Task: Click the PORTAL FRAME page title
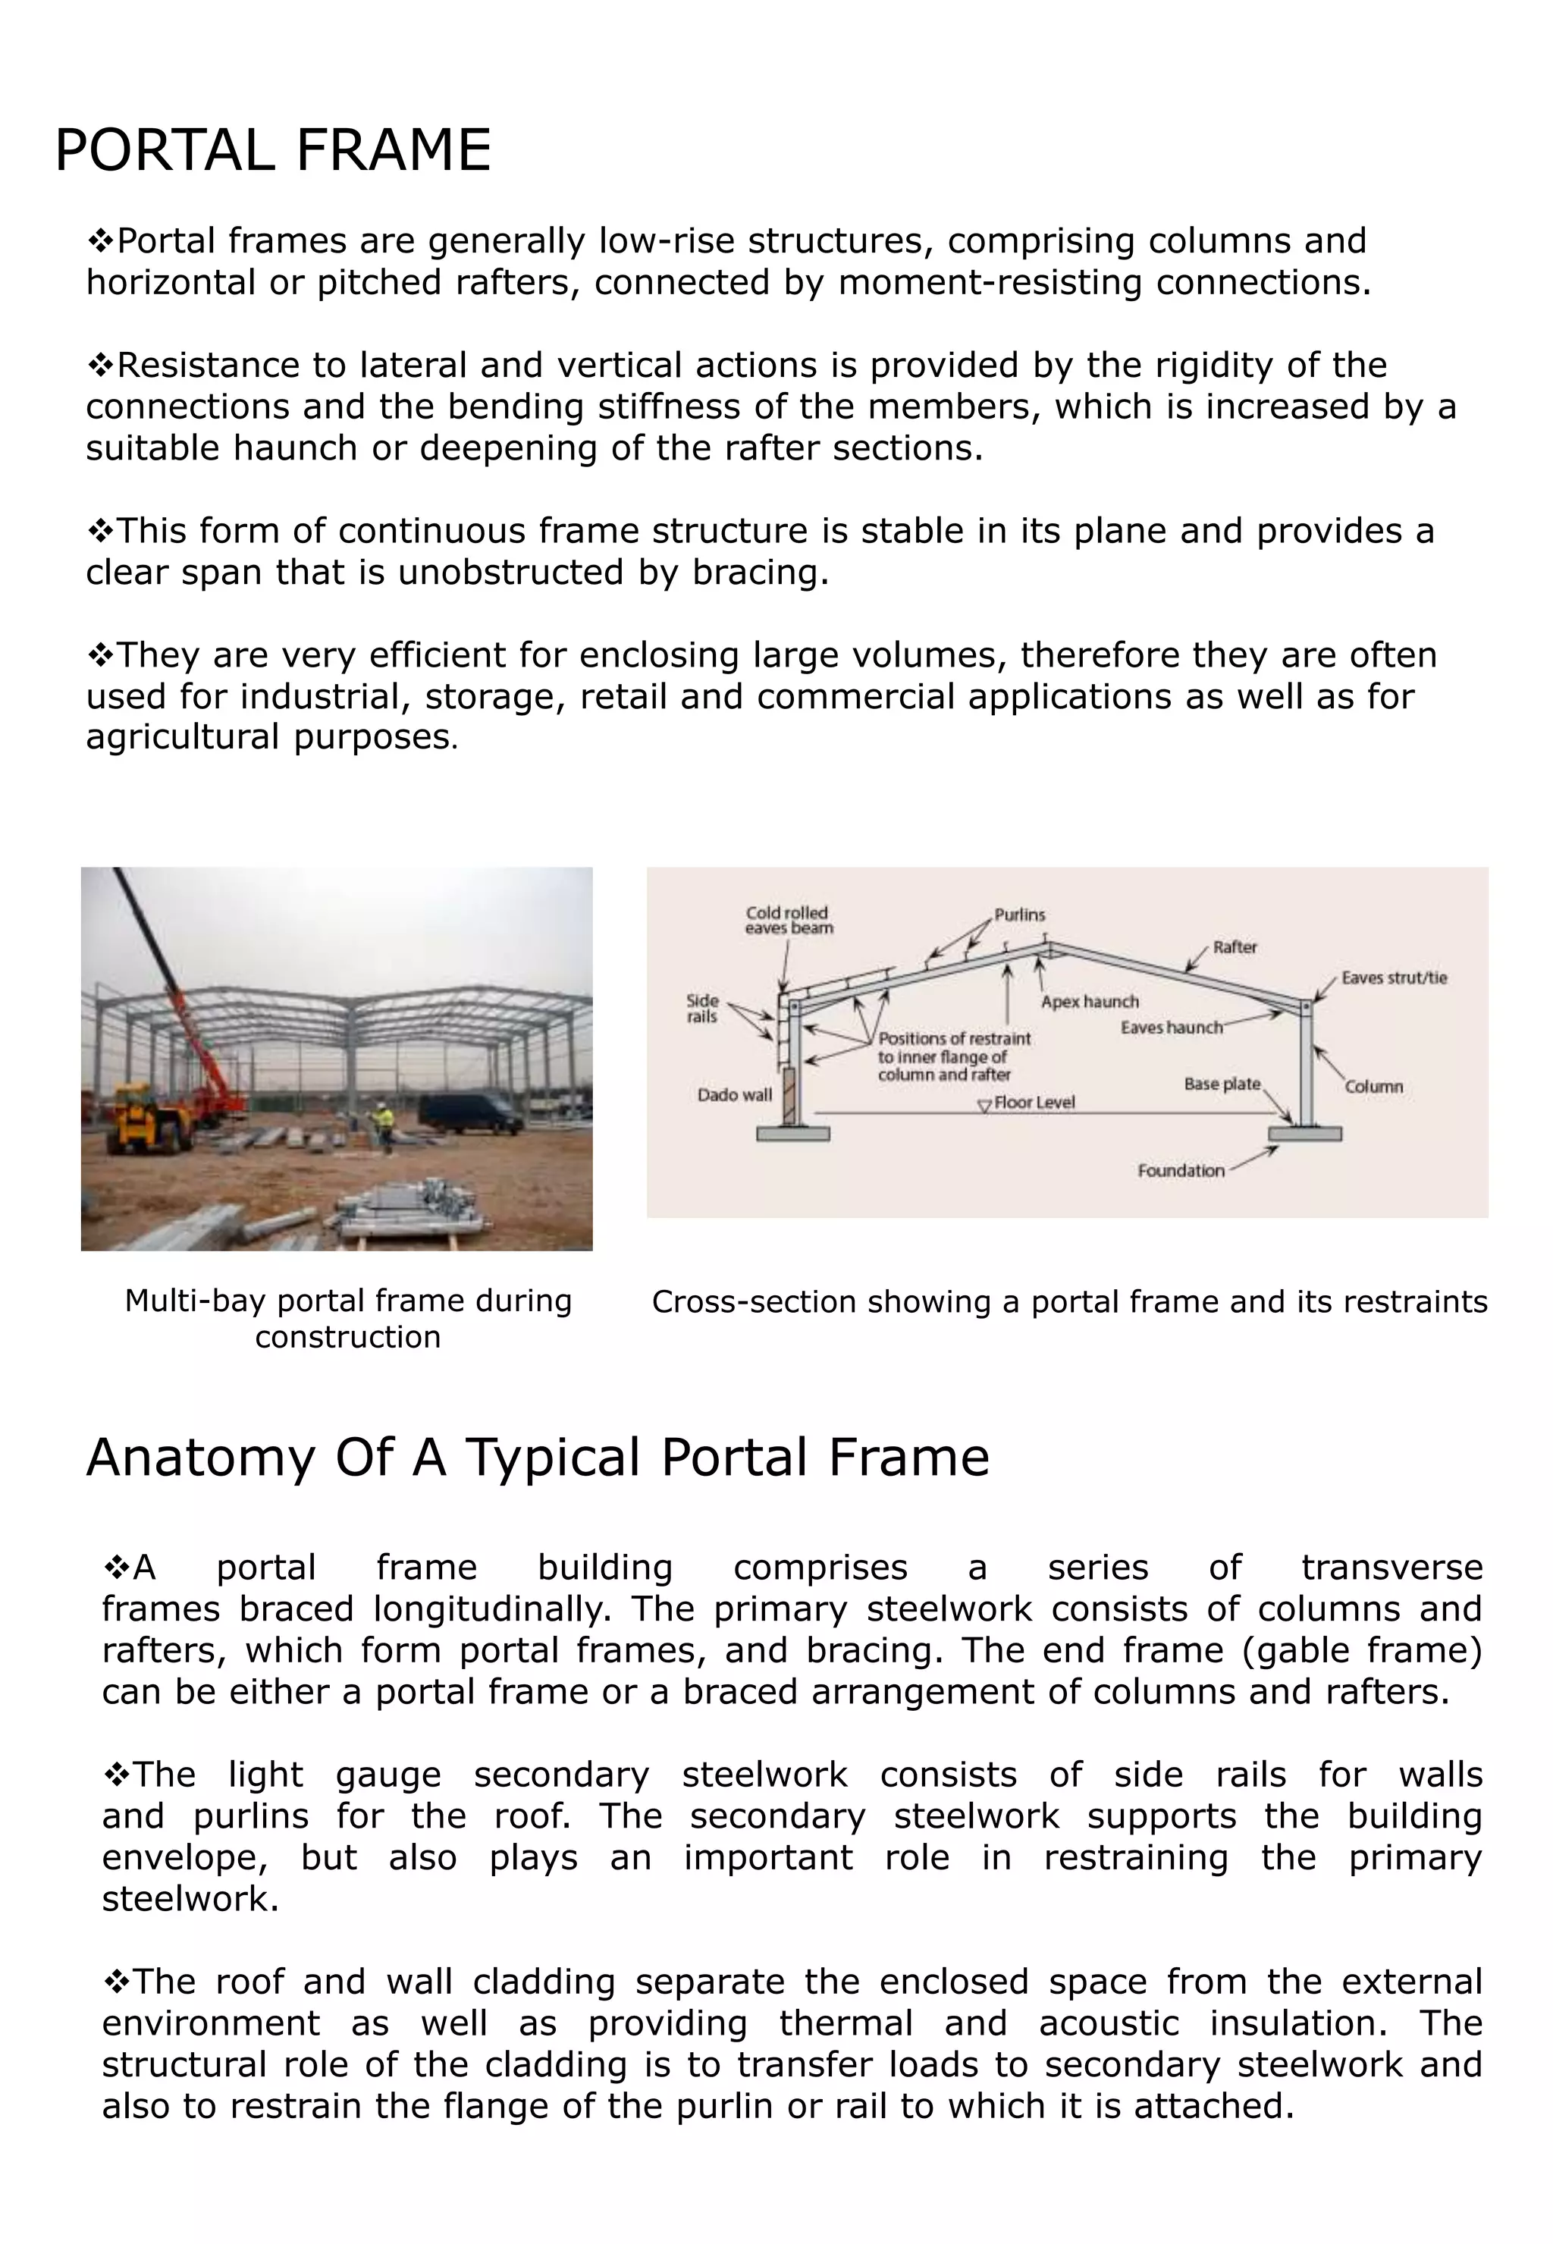tap(272, 151)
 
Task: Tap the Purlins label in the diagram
tap(1019, 915)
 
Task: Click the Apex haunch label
tap(1089, 1001)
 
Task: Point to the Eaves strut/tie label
tap(1394, 978)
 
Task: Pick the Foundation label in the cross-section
tap(1181, 1171)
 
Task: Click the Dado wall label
tap(734, 1095)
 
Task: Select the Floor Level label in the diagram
tap(1034, 1103)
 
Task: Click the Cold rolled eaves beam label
tap(788, 920)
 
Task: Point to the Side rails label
tap(701, 1008)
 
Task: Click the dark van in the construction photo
tap(471, 1113)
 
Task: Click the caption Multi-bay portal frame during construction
tap(347, 1319)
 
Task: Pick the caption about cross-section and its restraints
tap(1068, 1302)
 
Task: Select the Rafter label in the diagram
tap(1234, 947)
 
